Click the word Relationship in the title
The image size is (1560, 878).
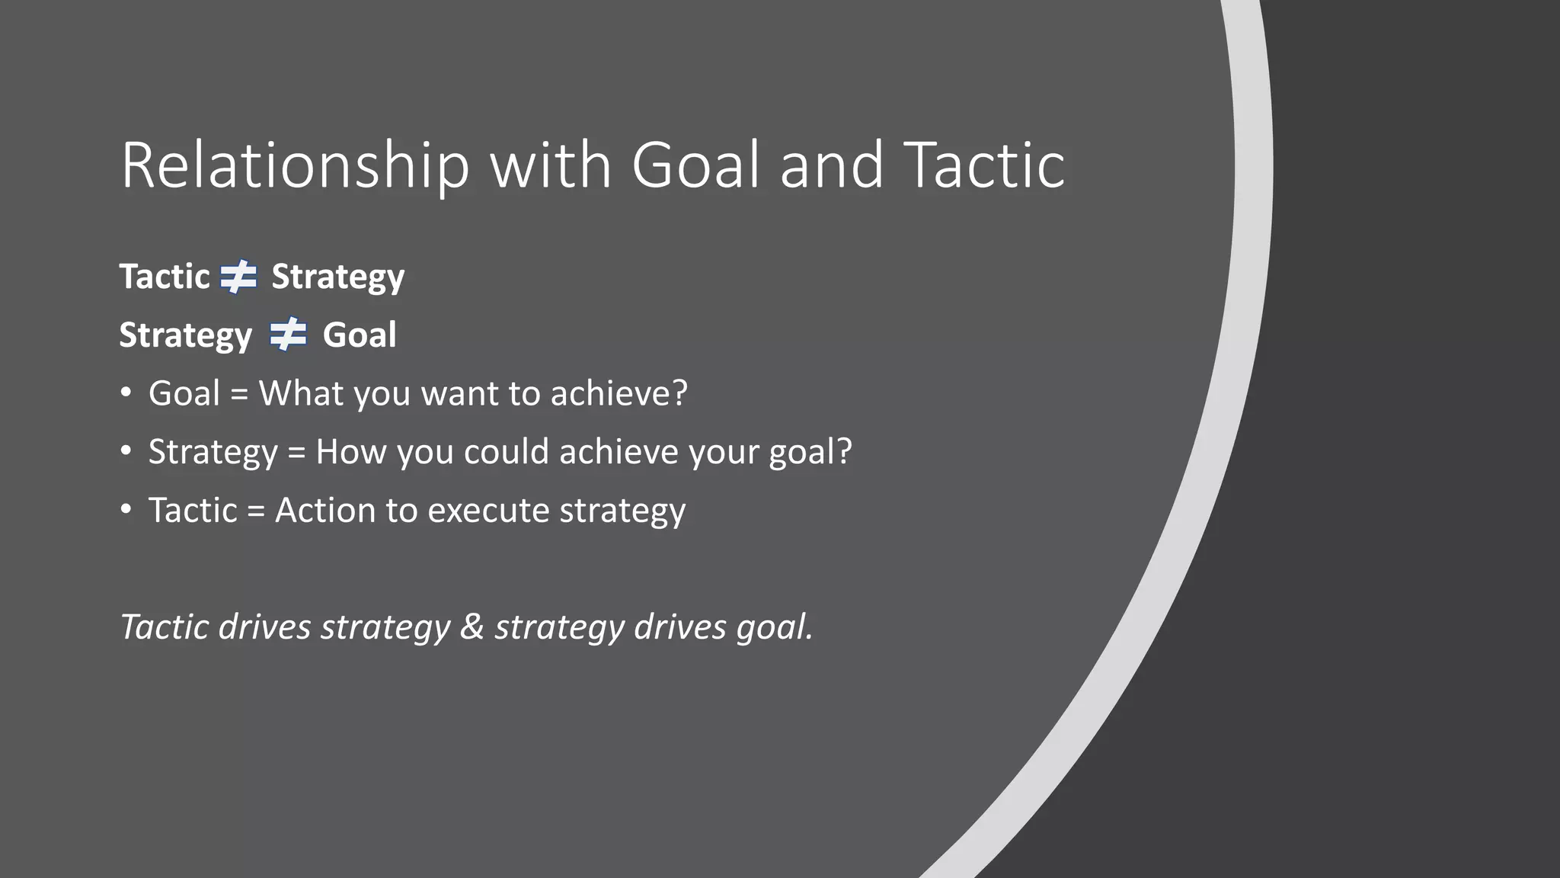(x=295, y=165)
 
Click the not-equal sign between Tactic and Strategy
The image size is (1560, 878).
(x=239, y=277)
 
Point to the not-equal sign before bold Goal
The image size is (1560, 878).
(x=288, y=335)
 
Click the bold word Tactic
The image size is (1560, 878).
(x=165, y=277)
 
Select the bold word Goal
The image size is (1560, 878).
(x=359, y=335)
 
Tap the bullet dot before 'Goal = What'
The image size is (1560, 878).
(x=126, y=393)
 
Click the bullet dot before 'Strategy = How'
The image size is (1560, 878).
(x=126, y=451)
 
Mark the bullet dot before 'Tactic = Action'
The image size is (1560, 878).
(x=126, y=510)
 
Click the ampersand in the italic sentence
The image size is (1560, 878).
(x=472, y=627)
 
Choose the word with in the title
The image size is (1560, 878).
(x=551, y=165)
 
